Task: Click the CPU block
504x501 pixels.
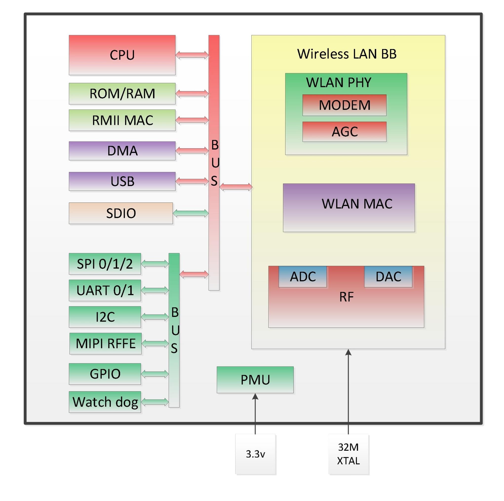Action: coord(122,55)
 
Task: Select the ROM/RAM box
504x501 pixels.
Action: coord(122,94)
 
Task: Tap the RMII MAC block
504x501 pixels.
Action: coord(122,120)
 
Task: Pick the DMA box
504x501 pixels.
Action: coord(122,151)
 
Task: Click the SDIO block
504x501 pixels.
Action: coord(120,213)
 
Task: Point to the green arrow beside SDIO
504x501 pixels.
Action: coord(191,213)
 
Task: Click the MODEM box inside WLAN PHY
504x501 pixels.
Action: coord(344,105)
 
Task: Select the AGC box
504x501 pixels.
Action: coord(344,132)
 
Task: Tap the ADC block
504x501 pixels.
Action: coord(302,276)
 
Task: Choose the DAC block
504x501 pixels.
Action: coord(388,276)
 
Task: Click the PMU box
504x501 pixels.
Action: coord(255,380)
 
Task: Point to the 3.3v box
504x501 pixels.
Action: coord(255,454)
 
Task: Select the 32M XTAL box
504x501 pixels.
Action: coord(348,454)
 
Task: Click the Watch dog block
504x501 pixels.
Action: coord(105,402)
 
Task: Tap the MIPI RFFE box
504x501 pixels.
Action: coord(105,343)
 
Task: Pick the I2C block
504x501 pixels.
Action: coord(105,317)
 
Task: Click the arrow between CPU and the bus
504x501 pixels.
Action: coord(192,55)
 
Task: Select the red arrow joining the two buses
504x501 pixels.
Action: coord(194,274)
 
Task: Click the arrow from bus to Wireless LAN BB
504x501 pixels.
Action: coord(236,187)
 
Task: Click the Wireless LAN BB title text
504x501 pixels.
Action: coord(347,54)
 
